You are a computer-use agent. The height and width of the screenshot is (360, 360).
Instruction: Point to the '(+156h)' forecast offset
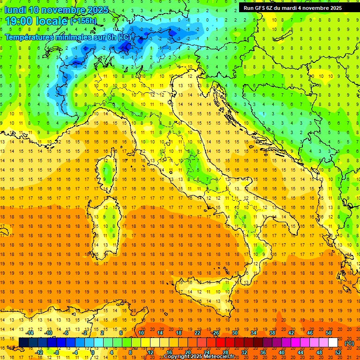point(83,21)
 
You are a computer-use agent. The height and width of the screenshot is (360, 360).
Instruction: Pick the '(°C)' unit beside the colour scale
point(349,343)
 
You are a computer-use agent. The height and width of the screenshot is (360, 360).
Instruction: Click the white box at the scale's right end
point(333,343)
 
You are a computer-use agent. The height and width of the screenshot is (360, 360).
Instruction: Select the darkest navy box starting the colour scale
point(23,343)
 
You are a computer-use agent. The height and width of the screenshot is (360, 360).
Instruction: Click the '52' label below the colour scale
point(338,352)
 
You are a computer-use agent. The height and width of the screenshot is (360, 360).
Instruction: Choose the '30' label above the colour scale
point(234,333)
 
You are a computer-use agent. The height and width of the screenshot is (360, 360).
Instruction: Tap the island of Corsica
point(108,171)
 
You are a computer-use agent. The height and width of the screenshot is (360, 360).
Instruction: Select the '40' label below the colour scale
point(282,352)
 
